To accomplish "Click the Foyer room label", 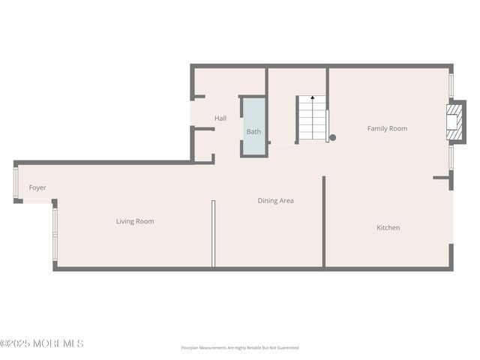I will point(37,187).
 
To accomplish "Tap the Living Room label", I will point(135,221).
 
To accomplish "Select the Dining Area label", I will point(275,200).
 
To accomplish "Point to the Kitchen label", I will point(388,227).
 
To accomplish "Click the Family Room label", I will point(387,128).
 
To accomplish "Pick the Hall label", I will point(220,118).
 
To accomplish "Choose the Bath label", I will point(254,132).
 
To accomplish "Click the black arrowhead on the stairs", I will point(313,97).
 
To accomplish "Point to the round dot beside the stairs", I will point(333,137).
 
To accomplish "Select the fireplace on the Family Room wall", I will point(454,121).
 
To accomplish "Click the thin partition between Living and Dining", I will point(213,232).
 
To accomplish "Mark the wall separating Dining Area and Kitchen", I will point(324,221).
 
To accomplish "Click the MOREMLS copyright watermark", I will point(42,343).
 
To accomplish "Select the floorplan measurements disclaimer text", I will point(239,348).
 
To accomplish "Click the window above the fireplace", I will point(451,85).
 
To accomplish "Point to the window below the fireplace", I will point(451,157).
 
